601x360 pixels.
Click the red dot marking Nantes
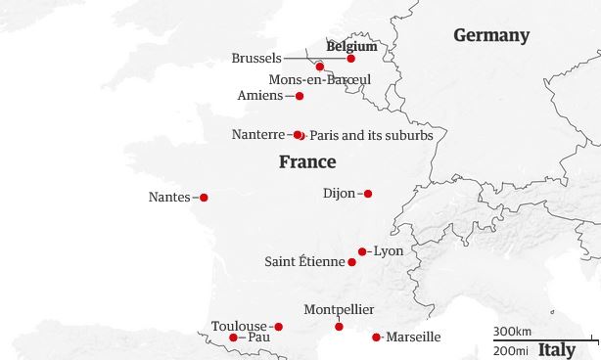pos(204,198)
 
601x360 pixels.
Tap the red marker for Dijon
pos(368,194)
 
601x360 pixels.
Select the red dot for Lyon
pos(362,251)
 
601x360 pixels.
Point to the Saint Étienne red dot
pos(352,262)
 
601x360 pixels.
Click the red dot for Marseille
pos(377,337)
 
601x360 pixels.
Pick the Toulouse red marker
pos(278,327)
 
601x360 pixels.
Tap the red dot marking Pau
pos(233,337)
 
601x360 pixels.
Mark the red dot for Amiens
pos(300,96)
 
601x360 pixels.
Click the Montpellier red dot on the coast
pos(340,327)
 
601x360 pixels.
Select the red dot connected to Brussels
pos(351,59)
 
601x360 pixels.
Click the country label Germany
pos(490,36)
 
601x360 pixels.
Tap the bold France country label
pos(307,162)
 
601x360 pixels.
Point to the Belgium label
pos(351,45)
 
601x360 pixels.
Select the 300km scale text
pos(512,332)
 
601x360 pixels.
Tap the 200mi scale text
pos(511,349)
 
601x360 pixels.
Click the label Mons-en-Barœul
pos(319,79)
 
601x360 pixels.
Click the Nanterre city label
pos(259,134)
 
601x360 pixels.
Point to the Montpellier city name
pos(339,310)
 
